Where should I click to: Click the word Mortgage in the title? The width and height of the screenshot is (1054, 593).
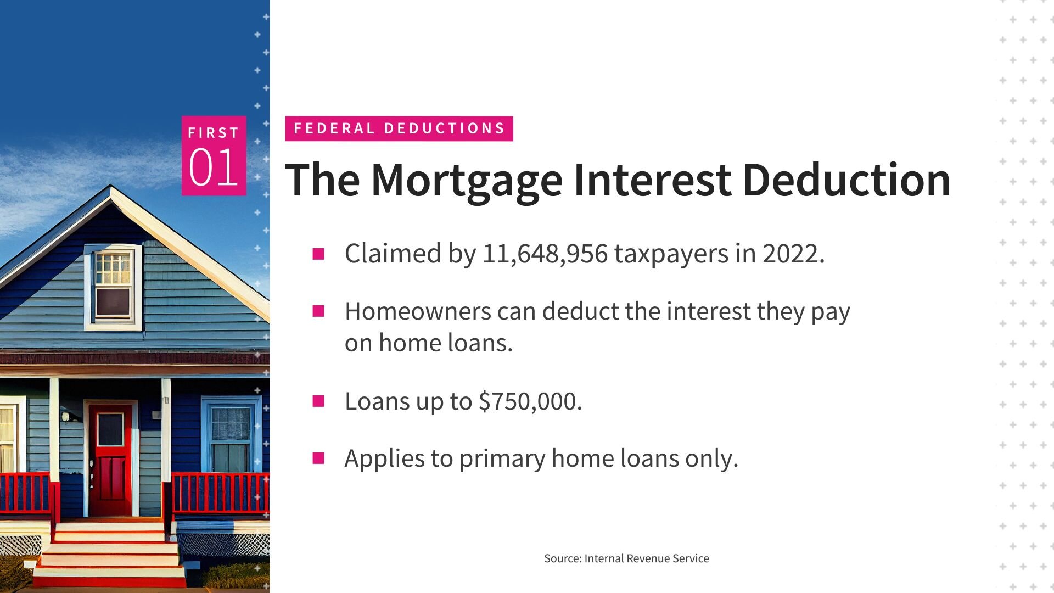coord(467,181)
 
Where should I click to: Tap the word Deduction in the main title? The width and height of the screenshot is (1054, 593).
coord(846,180)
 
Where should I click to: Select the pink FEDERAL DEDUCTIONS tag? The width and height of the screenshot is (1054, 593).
coord(399,128)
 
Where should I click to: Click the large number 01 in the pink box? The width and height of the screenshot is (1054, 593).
coord(214,167)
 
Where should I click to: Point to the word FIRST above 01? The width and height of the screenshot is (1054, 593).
coord(214,133)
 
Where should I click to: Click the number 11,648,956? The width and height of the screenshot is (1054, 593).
coord(545,254)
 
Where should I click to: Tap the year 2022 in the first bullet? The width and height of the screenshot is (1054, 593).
coord(790,254)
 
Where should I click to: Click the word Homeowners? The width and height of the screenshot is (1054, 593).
coord(418,311)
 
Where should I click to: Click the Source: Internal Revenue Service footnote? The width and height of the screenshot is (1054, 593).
coord(626,558)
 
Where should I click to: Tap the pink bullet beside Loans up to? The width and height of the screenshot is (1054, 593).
coord(318,401)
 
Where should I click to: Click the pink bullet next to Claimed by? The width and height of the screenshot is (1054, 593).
coord(318,254)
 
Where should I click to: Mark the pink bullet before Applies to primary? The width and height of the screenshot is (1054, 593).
coord(318,458)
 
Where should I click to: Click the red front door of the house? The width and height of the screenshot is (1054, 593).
coord(110,460)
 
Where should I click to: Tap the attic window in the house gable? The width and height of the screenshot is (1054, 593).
coord(113,286)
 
